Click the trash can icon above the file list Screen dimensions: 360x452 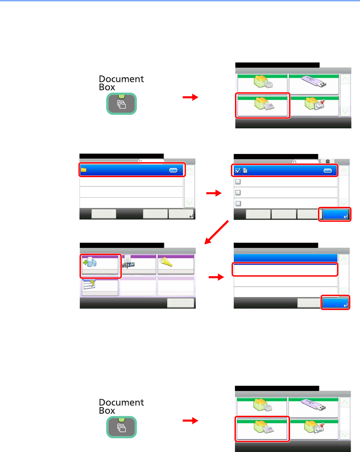click(328, 161)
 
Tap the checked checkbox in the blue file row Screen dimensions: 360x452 click(238, 170)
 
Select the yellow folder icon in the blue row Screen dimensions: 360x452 click(84, 170)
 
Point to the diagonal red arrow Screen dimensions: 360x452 click(216, 232)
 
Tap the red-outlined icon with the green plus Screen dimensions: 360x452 click(90, 262)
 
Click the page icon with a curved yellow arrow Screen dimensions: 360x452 click(89, 284)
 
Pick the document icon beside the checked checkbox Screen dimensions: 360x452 click(245, 170)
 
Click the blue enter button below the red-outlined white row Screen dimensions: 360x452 click(335, 303)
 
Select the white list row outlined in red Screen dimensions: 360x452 click(285, 269)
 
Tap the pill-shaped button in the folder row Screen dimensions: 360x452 click(173, 170)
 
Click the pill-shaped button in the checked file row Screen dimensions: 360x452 click(328, 171)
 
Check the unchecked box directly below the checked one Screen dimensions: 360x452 click(238, 182)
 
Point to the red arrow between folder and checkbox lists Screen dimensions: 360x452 click(214, 193)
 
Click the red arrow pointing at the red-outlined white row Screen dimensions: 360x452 click(216, 277)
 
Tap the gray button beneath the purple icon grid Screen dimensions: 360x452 click(180, 303)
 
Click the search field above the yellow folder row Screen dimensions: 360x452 click(151, 161)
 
